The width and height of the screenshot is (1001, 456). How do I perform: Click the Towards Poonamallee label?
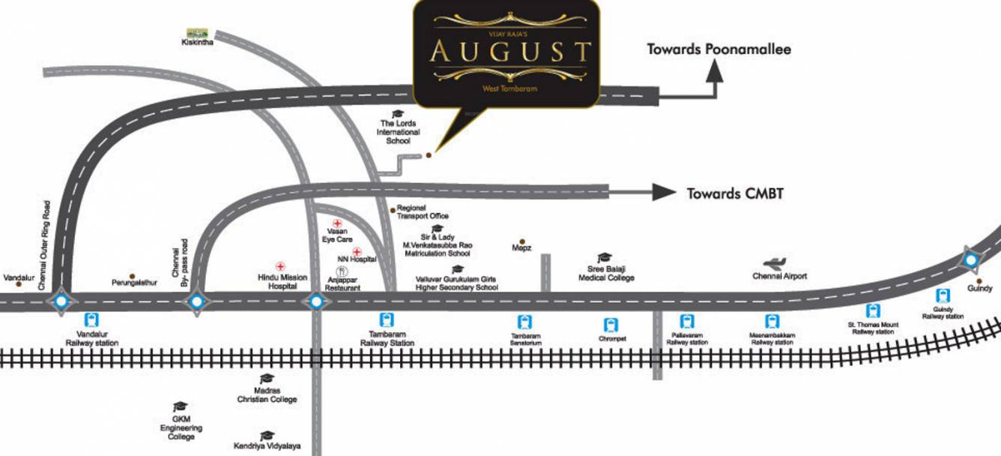(x=719, y=49)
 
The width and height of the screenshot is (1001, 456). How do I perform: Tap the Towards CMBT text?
(x=735, y=193)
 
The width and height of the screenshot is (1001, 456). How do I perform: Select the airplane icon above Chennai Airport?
(x=775, y=263)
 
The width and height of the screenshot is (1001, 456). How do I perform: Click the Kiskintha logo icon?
(x=197, y=33)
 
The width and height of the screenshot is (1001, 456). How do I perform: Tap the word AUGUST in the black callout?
(x=510, y=52)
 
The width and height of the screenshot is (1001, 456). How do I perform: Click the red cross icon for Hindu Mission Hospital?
(x=281, y=266)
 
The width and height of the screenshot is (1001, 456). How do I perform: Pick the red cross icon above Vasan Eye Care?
(x=337, y=223)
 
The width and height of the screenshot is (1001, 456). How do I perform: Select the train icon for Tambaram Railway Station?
(x=387, y=319)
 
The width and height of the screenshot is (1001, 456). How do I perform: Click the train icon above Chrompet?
(x=611, y=325)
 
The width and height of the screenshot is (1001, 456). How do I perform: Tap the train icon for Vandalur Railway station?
(x=93, y=319)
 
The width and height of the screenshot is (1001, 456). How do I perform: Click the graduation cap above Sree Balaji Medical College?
(x=605, y=258)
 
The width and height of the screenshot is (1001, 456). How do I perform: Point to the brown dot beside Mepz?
(x=522, y=241)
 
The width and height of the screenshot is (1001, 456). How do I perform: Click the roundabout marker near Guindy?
(x=971, y=261)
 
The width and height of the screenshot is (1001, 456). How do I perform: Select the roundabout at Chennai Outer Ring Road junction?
(x=61, y=301)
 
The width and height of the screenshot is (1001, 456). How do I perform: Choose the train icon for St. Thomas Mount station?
(x=872, y=310)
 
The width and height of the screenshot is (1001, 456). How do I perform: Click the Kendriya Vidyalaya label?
(x=267, y=445)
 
